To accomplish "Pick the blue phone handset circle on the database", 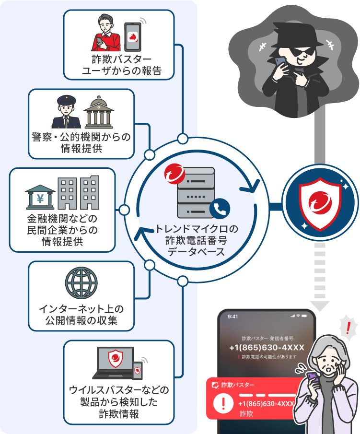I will [x=220, y=208].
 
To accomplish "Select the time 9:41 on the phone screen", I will [x=233, y=317].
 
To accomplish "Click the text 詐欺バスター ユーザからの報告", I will [x=121, y=66].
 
